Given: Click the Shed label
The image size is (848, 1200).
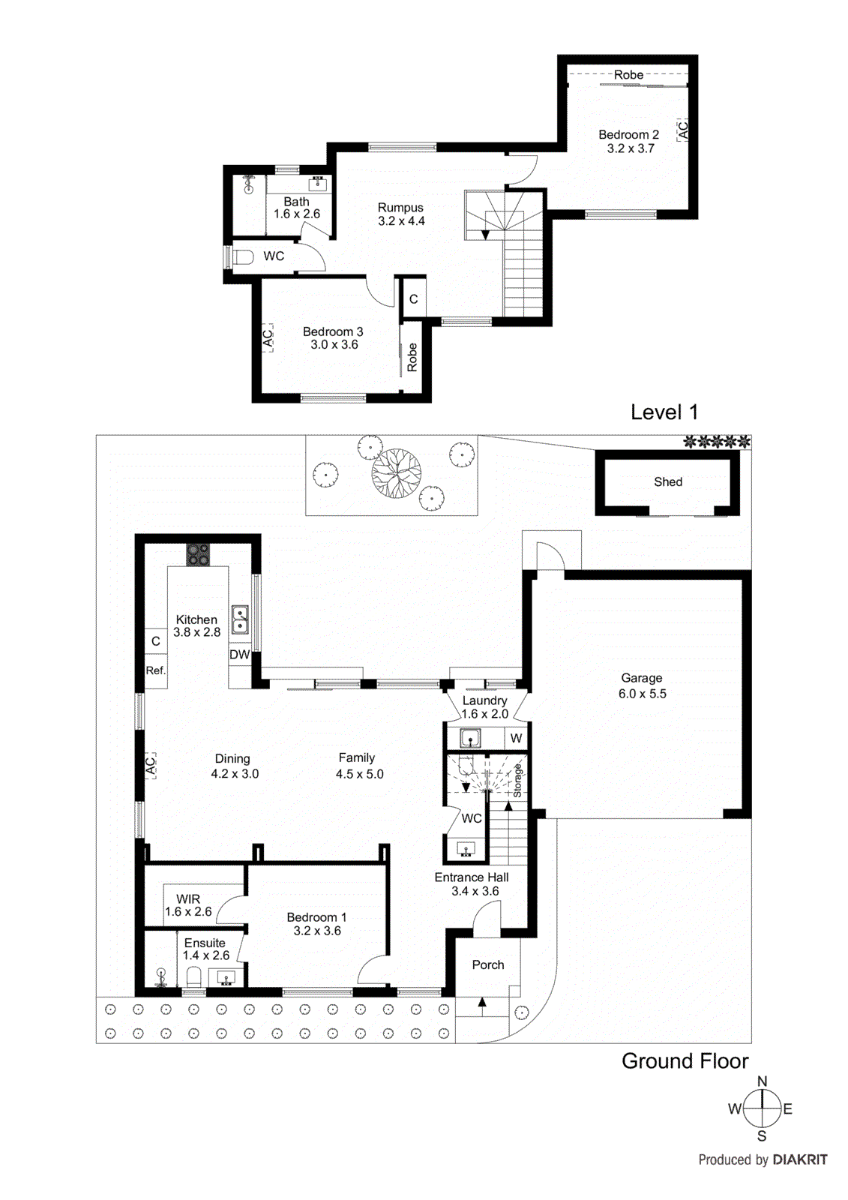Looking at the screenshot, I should point(667,482).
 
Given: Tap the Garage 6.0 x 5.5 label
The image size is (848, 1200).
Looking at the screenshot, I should point(642,685).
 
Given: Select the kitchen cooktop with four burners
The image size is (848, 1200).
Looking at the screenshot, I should point(198,554).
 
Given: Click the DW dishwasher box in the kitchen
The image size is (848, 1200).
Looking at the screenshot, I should point(239,655).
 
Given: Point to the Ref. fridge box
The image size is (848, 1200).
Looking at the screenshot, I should point(155,670).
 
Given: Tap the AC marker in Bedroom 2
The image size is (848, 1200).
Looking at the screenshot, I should point(682,130).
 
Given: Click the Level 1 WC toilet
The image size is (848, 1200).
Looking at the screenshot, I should point(242,257).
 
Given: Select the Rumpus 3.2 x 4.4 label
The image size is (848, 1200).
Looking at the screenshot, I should point(400,214).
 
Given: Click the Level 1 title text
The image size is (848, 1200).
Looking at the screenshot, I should point(664,412).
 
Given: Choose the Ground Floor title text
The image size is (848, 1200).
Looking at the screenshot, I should point(685,1061).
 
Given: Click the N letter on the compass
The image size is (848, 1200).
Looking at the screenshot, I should point(762,1081).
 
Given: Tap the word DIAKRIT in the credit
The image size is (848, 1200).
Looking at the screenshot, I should point(799,1159).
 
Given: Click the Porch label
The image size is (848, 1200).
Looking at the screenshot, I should point(487,965).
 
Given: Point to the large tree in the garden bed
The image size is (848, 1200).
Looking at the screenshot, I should point(396,473).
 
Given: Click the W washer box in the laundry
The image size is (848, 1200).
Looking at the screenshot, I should point(516,738).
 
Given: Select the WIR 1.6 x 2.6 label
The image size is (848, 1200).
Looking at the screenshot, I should point(188,905).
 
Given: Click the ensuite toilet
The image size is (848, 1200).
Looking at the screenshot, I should point(193,977).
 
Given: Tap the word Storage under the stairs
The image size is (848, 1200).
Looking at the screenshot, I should point(517,781).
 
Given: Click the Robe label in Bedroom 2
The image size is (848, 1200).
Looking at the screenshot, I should point(628,75).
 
